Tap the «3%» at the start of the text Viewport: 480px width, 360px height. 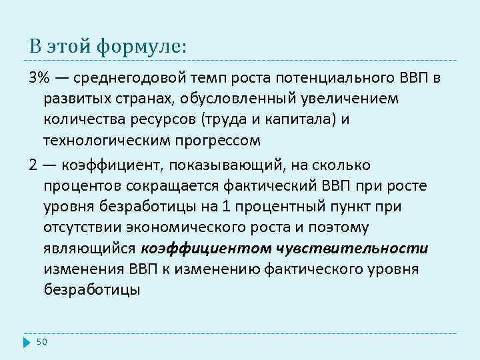click(x=39, y=79)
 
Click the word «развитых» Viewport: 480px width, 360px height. click(x=75, y=99)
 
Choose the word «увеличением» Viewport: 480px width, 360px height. click(x=343, y=99)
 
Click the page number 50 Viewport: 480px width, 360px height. click(x=42, y=342)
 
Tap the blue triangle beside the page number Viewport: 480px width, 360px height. click(x=27, y=342)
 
